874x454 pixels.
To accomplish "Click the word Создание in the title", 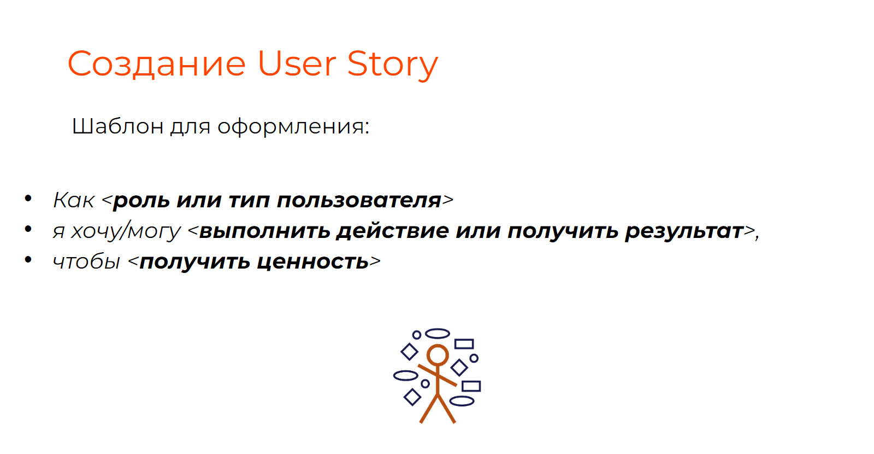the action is click(156, 64).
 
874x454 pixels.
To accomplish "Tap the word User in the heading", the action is click(297, 63).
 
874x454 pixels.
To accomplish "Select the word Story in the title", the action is click(393, 65).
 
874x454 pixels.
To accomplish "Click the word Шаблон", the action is click(117, 126).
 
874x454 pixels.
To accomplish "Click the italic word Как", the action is click(73, 200).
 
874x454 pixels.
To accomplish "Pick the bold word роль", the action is click(141, 201).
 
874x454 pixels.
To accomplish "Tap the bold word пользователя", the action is click(359, 200).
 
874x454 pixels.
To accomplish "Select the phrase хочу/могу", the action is click(126, 230).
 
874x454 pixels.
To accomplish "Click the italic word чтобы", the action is click(86, 261).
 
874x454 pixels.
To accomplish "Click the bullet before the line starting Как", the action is click(28, 199).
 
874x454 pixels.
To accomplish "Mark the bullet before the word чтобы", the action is click(28, 259).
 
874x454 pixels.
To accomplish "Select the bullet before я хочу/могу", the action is click(28, 229).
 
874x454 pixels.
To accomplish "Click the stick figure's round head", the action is click(438, 345).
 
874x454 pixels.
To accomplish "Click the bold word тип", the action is click(249, 201).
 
